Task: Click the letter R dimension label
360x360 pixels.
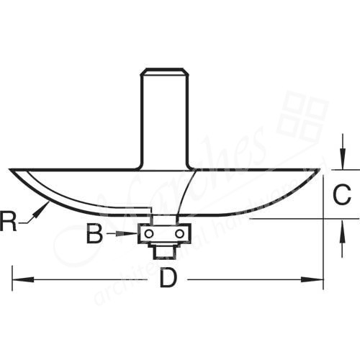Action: [x=9, y=220]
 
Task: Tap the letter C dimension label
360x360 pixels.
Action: [x=343, y=194]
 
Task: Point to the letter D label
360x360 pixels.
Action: [x=167, y=279]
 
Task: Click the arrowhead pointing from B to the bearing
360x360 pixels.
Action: [x=134, y=233]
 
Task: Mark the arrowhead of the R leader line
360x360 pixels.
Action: [x=46, y=205]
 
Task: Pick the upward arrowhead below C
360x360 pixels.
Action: [x=339, y=224]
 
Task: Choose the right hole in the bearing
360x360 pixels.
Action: [x=177, y=233]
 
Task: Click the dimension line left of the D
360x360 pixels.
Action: [x=86, y=279]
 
